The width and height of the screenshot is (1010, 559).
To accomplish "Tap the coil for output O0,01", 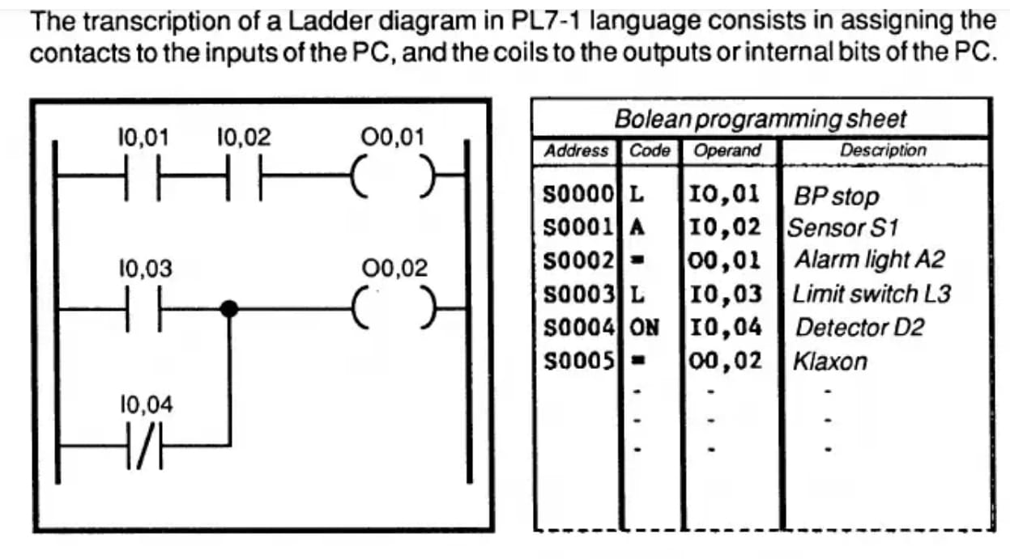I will (391, 174).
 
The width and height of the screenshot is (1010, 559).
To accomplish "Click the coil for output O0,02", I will (391, 308).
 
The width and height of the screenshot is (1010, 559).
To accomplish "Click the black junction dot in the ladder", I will (229, 308).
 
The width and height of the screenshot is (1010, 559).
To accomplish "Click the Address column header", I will (576, 150).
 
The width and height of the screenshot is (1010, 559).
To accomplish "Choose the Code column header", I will (650, 150).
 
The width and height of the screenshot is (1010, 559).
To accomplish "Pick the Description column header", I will (883, 150).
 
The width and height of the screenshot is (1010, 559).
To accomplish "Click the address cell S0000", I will (577, 194).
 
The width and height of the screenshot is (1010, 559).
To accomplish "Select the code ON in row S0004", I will (645, 327).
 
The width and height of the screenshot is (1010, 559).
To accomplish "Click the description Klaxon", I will (829, 361).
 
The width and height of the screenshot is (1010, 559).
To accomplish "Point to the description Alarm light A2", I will (868, 260).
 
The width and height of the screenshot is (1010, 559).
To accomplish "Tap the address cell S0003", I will (577, 294).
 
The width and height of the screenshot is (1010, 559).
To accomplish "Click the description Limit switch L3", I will (871, 294).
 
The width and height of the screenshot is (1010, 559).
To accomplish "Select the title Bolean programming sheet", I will (761, 119).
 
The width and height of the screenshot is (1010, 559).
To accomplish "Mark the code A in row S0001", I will (637, 227).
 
